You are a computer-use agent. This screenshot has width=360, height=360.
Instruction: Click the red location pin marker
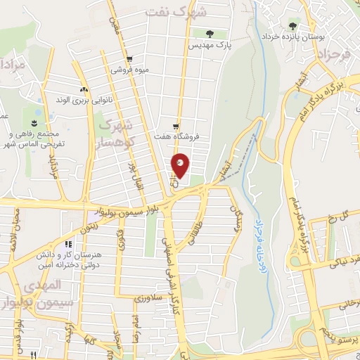tap(181, 165)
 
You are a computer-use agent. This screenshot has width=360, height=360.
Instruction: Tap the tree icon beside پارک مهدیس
tap(210, 33)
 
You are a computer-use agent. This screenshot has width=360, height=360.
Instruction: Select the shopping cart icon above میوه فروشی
tap(128, 60)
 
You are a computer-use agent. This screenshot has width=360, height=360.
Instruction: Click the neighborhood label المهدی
tap(44, 286)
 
